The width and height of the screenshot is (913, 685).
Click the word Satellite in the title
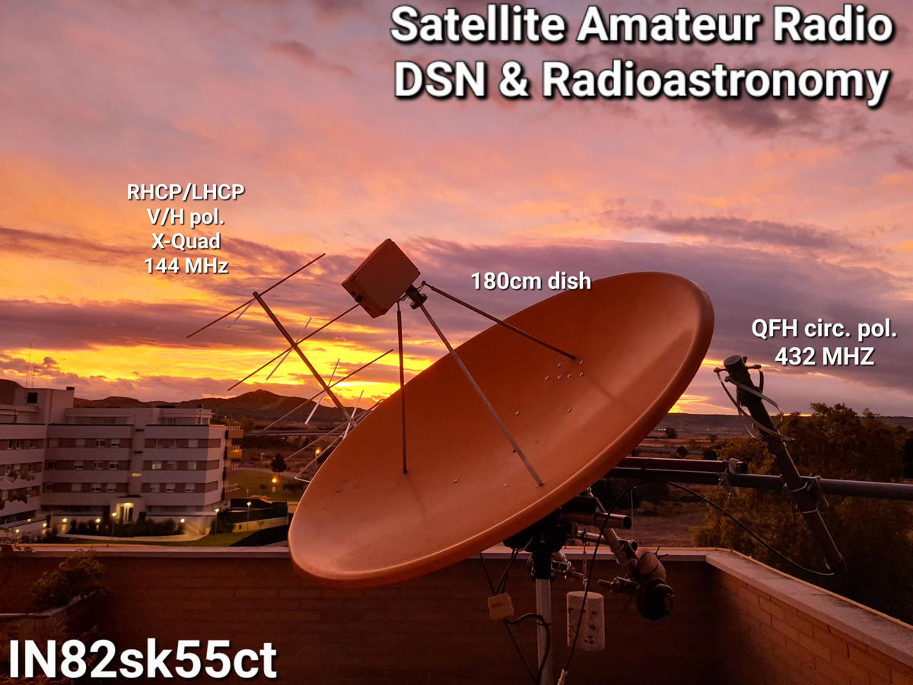tap(478, 26)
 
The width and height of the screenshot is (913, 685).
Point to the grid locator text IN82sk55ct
tap(142, 659)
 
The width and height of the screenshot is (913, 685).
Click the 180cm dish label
tap(531, 281)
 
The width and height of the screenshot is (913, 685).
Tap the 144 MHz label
tap(186, 266)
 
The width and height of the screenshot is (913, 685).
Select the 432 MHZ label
tap(825, 356)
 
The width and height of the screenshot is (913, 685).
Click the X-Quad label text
tap(186, 241)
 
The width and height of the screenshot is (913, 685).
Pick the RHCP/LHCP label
tap(186, 192)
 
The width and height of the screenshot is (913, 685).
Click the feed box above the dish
tap(381, 277)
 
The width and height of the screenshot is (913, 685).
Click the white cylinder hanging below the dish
tap(585, 620)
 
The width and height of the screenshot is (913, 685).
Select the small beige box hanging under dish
tap(501, 607)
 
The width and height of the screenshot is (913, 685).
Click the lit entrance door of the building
tap(126, 512)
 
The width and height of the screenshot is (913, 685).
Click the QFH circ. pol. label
tap(824, 329)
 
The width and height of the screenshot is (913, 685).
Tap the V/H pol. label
tap(186, 217)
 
